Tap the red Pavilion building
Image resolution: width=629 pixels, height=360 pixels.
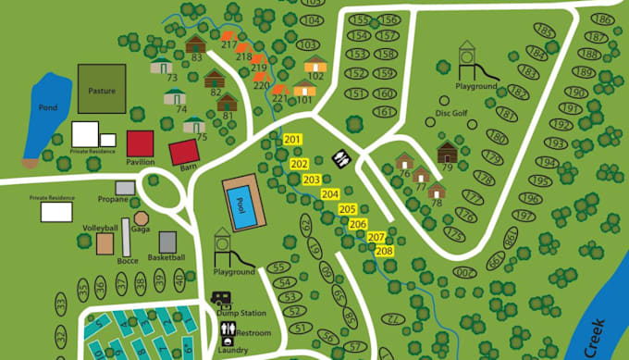pyautogui.click(x=141, y=143)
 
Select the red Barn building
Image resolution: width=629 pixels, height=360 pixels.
pyautogui.click(x=183, y=152)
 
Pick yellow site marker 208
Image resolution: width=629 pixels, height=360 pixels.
pyautogui.click(x=385, y=251)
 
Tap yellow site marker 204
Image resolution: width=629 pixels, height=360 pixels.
pyautogui.click(x=330, y=194)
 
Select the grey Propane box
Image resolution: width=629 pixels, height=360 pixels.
pyautogui.click(x=125, y=188)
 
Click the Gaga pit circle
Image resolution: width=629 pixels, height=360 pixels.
pyautogui.click(x=142, y=217)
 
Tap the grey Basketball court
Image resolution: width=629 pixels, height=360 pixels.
pyautogui.click(x=167, y=242)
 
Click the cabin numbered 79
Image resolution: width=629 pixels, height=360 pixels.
pyautogui.click(x=447, y=152)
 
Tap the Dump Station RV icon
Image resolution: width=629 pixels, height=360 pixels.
pyautogui.click(x=223, y=299)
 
